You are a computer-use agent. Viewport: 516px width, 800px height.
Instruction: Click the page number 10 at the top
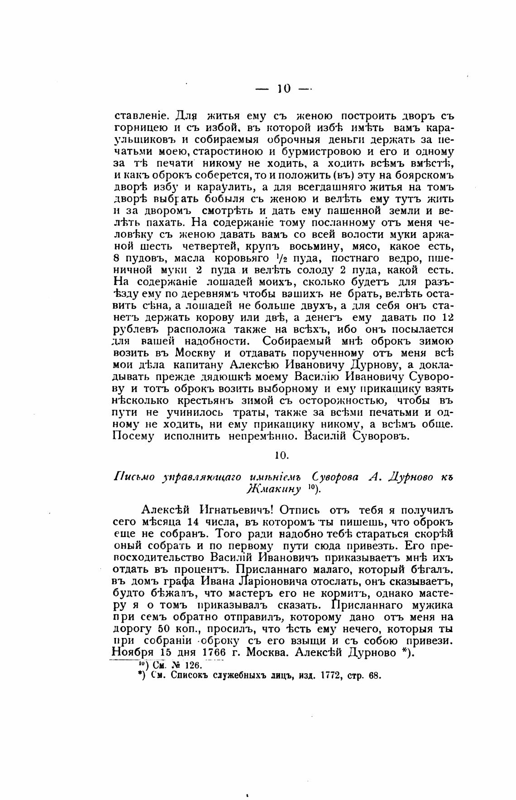coord(284,89)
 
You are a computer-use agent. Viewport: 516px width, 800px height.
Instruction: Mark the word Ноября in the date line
coord(132,653)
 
